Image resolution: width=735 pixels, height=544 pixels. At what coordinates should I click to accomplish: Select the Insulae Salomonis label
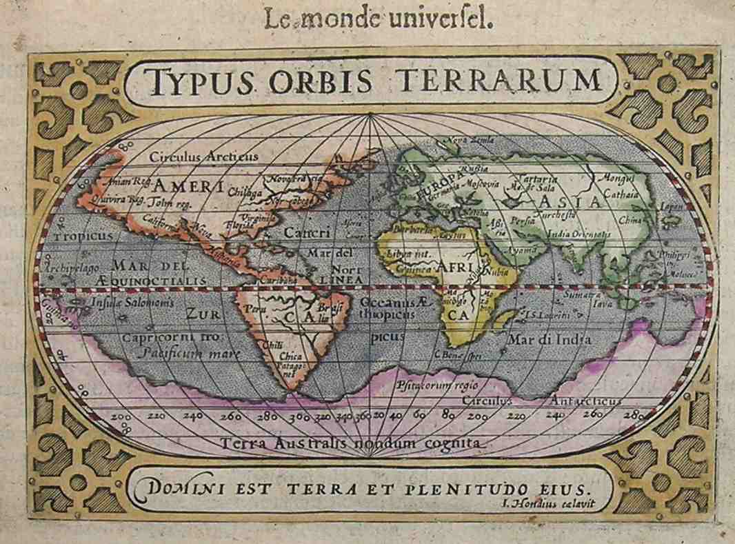click(120, 303)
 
